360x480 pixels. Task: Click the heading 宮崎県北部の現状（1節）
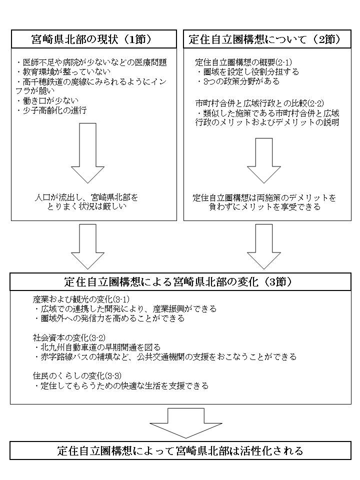(x=94, y=38)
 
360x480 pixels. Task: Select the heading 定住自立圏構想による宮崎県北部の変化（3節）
(x=178, y=281)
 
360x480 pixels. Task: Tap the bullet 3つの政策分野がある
(x=238, y=81)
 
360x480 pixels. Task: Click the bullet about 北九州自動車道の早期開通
(x=99, y=347)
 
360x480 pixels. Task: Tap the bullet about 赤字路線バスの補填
(x=165, y=356)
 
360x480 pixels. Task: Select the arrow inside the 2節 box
(x=263, y=160)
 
